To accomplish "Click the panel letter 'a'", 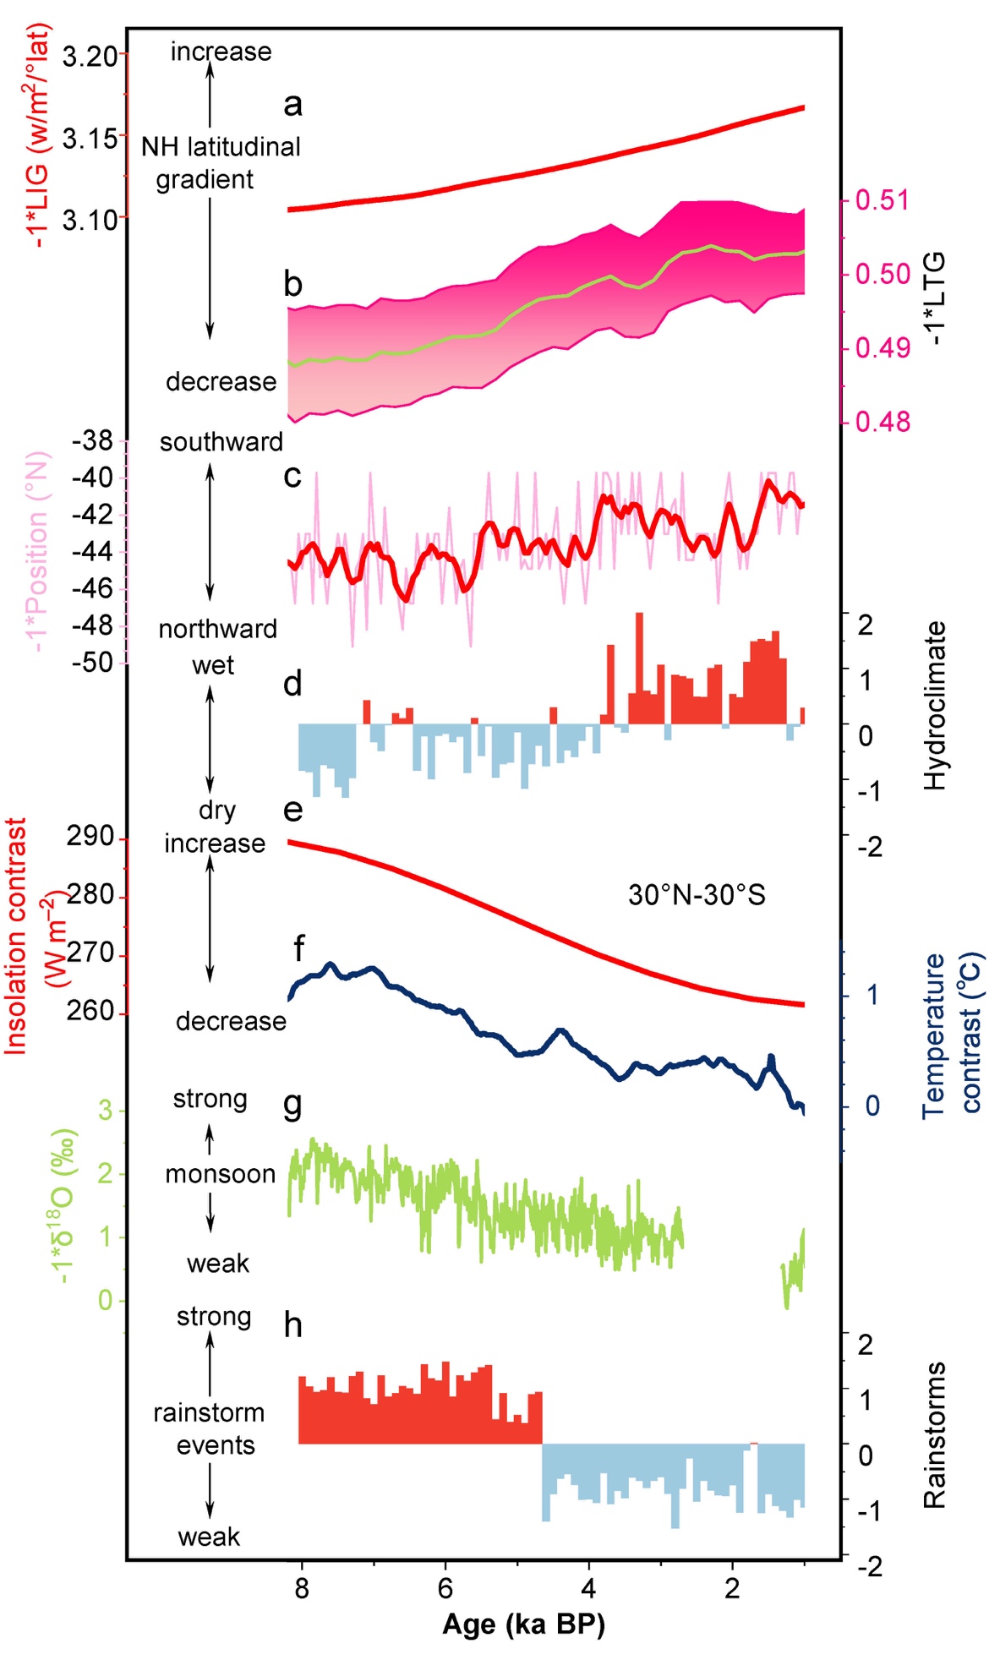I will (292, 105).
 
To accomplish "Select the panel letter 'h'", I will (292, 1324).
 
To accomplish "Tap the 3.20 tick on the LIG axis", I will (90, 57).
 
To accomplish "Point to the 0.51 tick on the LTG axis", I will (882, 200).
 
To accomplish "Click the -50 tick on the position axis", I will (92, 661).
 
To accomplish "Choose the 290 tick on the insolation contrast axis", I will (90, 837).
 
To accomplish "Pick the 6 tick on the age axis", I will (445, 1588).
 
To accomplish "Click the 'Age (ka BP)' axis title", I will (523, 1625).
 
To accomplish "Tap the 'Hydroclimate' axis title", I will (934, 706).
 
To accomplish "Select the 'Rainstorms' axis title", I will (934, 1434).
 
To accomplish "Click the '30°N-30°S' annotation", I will (697, 894).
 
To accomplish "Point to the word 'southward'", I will (221, 442).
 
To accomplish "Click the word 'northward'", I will (218, 629).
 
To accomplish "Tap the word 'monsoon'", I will (220, 1174).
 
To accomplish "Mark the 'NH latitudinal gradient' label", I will (220, 163).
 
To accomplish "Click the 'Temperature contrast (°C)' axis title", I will (952, 1034).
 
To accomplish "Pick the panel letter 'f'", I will (298, 948).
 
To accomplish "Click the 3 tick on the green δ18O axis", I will (105, 1110).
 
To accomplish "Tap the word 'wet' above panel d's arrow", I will (212, 665).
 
